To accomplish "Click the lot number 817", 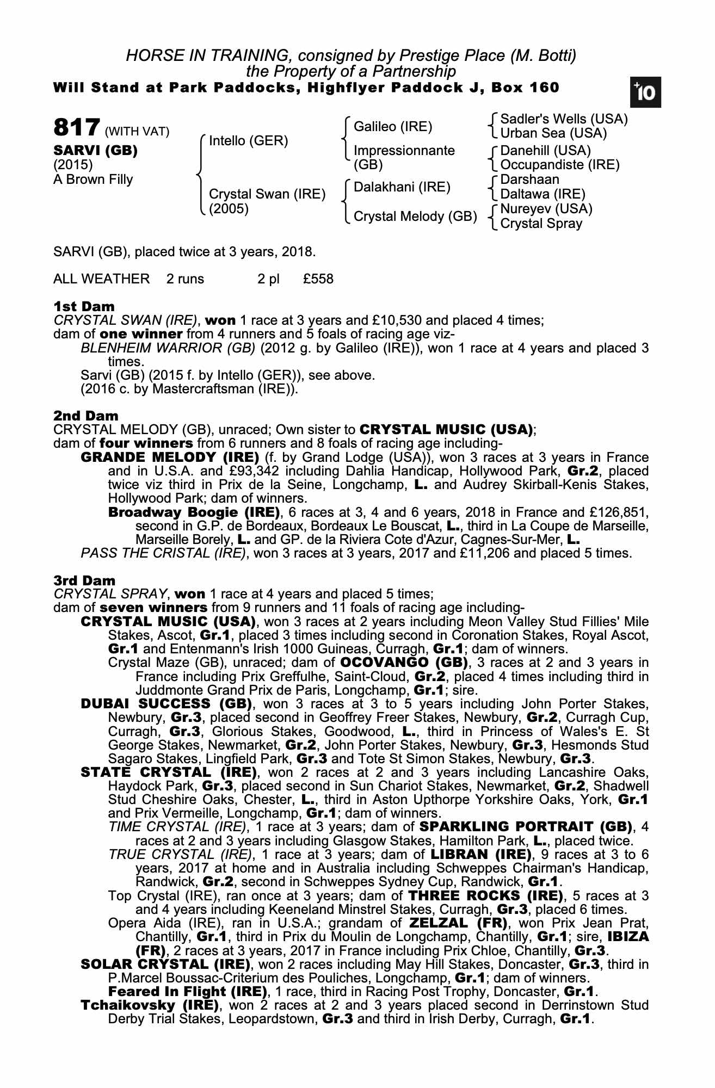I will coord(76,128).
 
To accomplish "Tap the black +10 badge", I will coord(645,93).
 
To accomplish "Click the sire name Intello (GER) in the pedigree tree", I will coord(249,141).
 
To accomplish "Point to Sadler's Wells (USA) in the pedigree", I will coord(564,119).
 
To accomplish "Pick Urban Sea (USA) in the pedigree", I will coord(553,133).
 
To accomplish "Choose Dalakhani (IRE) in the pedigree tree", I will coord(402,188).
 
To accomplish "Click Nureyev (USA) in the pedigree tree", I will coord(546,209).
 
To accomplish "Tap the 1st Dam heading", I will coord(84,306).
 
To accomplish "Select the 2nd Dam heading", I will coord(85,416).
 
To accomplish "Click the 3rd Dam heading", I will coord(84,580).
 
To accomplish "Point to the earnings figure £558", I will coord(318,279).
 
